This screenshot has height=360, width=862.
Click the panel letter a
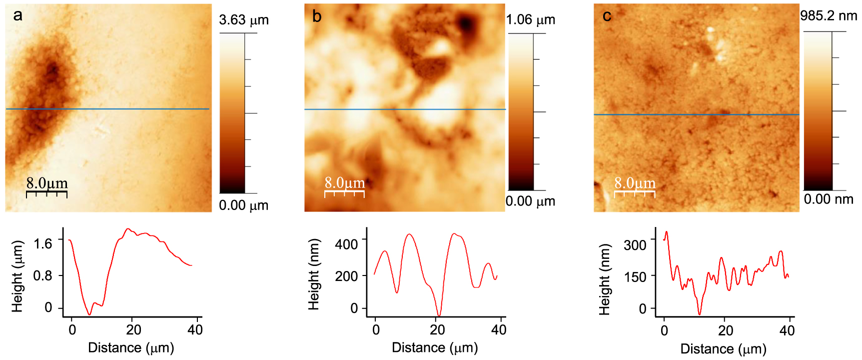[18, 16]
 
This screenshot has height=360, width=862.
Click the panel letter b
[316, 16]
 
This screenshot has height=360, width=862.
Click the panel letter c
[607, 16]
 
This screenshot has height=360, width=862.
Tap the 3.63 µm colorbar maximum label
[243, 20]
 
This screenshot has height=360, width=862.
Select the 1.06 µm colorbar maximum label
[530, 20]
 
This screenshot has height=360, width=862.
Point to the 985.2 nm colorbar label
[828, 16]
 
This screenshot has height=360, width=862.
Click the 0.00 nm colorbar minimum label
[828, 199]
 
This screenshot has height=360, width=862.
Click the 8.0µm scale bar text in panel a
[47, 183]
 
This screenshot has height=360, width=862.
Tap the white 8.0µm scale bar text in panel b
[345, 183]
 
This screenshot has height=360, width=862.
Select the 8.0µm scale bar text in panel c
[635, 183]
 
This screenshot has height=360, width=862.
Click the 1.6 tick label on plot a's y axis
[42, 244]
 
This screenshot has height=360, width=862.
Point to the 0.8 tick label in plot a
[42, 276]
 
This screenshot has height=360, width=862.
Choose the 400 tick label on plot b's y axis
[346, 244]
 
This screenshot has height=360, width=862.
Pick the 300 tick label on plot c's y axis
[635, 245]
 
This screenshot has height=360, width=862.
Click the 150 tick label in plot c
[635, 277]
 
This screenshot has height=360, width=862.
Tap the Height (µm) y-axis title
[17, 276]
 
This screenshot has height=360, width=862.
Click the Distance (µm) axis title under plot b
[435, 347]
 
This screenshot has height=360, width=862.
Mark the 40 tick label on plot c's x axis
[787, 330]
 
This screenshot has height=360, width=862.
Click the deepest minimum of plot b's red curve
[438, 315]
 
